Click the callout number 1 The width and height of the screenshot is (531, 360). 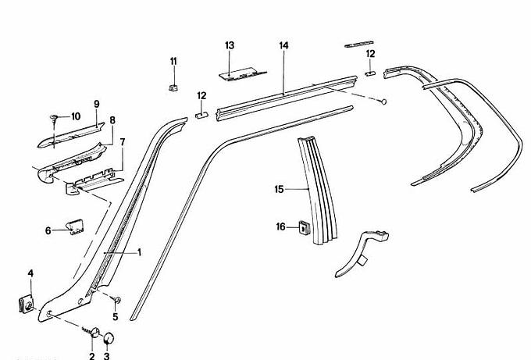[140, 252]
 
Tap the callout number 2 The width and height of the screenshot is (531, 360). [91, 356]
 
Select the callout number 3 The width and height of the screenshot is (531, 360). [107, 356]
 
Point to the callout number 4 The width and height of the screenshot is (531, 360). [30, 273]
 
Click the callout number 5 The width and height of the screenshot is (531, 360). [116, 316]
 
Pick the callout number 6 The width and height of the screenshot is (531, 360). [48, 230]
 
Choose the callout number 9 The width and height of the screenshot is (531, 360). [97, 104]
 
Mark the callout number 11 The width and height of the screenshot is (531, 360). [173, 61]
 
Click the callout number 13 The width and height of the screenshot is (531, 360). [230, 46]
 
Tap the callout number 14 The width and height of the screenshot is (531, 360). [283, 46]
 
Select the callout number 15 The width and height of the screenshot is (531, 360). [278, 188]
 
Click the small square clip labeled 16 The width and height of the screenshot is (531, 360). [301, 228]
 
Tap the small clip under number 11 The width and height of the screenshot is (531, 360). [173, 84]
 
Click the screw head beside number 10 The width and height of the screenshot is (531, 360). [53, 118]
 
